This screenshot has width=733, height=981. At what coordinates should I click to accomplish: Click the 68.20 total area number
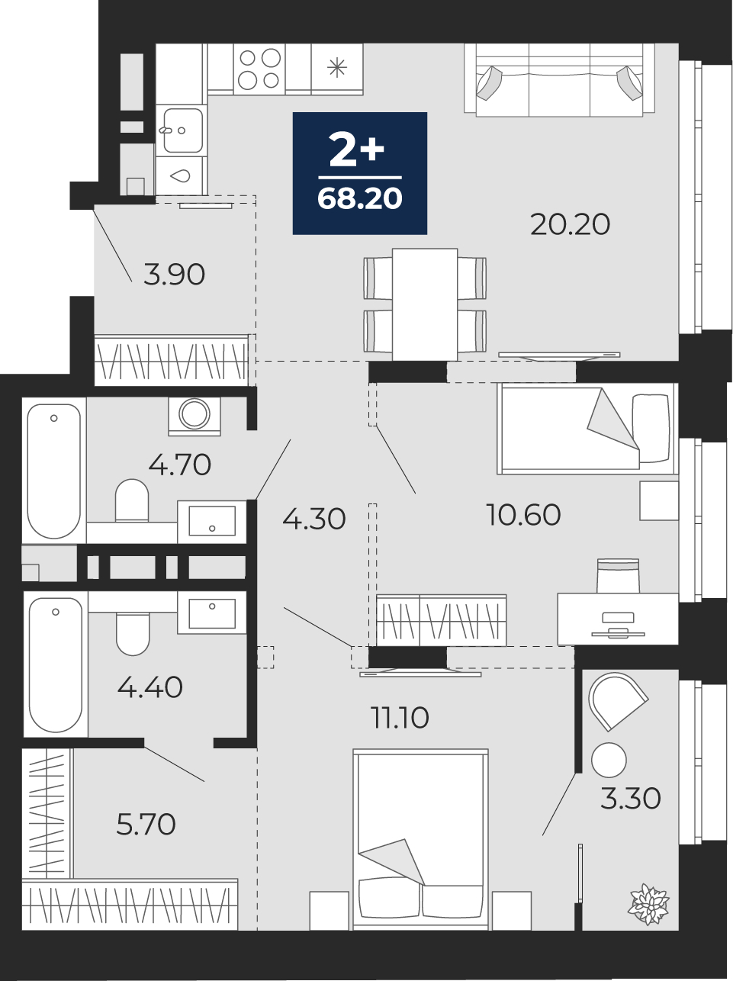(x=359, y=199)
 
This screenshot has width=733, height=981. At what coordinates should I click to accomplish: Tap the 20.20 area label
(x=570, y=224)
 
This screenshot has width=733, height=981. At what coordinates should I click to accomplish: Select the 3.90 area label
(x=174, y=275)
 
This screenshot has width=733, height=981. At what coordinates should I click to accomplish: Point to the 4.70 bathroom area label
(x=179, y=465)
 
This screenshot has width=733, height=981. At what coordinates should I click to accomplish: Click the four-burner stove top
(x=259, y=69)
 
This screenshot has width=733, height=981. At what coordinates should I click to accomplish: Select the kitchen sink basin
(x=182, y=130)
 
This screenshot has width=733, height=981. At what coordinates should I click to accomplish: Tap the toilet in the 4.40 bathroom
(x=133, y=633)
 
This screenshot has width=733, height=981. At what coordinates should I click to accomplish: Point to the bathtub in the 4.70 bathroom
(x=54, y=471)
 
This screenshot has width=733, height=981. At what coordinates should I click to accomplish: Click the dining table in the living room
(x=425, y=304)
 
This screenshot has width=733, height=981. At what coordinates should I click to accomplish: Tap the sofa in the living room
(x=560, y=80)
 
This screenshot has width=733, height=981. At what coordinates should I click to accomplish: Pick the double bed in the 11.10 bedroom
(x=420, y=840)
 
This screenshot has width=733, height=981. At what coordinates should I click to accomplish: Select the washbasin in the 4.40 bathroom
(x=212, y=613)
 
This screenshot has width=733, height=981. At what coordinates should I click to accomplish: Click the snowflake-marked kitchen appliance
(x=337, y=69)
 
